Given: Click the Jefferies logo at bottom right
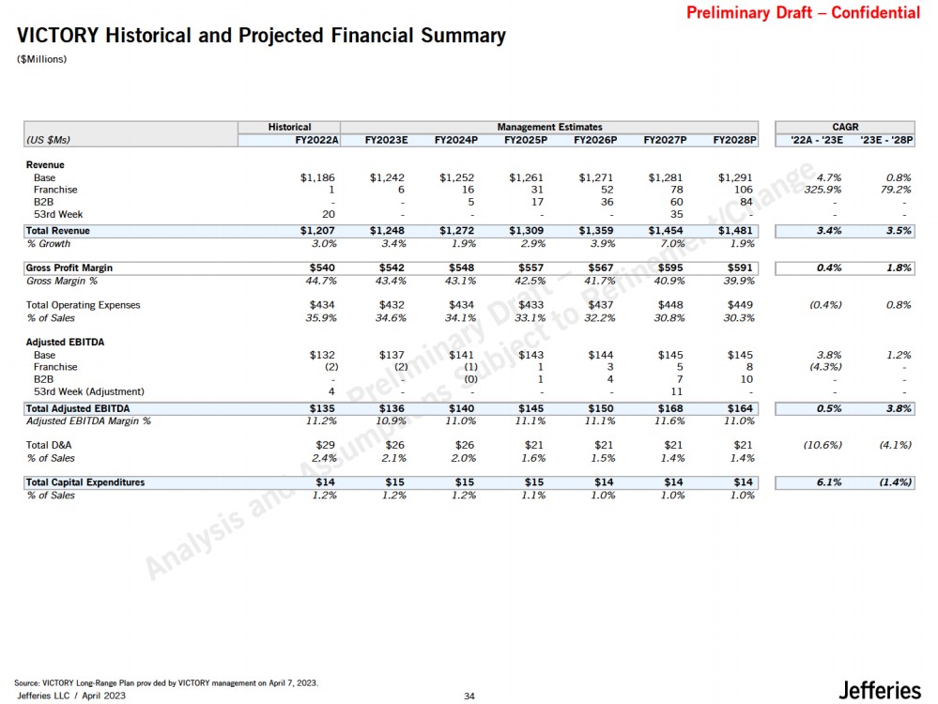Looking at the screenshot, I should click(x=880, y=690).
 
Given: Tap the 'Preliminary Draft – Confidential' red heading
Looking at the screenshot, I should click(x=803, y=13).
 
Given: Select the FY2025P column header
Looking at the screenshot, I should click(x=525, y=141).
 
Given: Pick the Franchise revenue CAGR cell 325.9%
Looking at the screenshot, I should click(x=822, y=190).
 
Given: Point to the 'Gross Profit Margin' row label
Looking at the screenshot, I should click(x=69, y=268).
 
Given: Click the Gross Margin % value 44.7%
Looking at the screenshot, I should click(x=317, y=280).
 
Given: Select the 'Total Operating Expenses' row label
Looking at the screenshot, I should click(x=83, y=305).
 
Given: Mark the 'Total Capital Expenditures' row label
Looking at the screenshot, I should click(x=85, y=482).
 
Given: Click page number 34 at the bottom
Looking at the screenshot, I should click(x=469, y=696).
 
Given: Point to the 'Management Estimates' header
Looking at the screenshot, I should click(x=549, y=127).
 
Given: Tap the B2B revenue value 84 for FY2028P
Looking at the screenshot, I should click(x=746, y=202).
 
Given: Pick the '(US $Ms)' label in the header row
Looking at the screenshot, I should click(x=49, y=141).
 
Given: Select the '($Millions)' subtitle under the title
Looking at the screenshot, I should click(x=42, y=60).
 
